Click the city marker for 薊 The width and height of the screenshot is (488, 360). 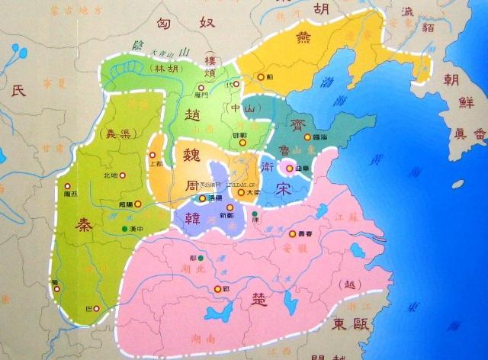point(262,76)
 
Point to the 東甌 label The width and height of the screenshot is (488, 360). point(349,325)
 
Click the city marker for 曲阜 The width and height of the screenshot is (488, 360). point(288,167)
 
